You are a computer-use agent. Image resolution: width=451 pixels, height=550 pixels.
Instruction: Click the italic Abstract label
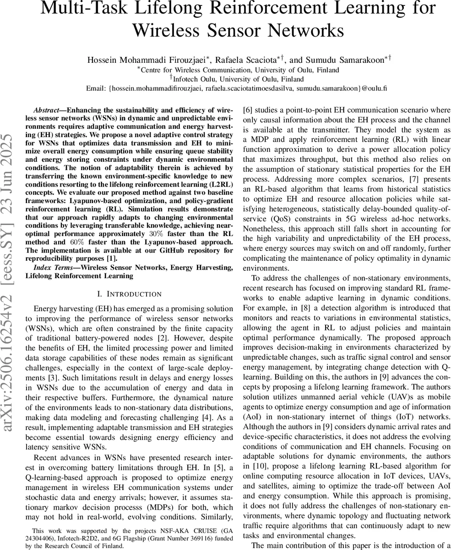[x=46, y=111]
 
